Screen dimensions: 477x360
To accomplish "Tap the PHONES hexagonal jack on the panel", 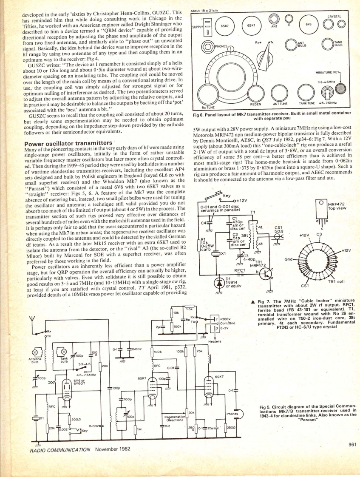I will point(209,46).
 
